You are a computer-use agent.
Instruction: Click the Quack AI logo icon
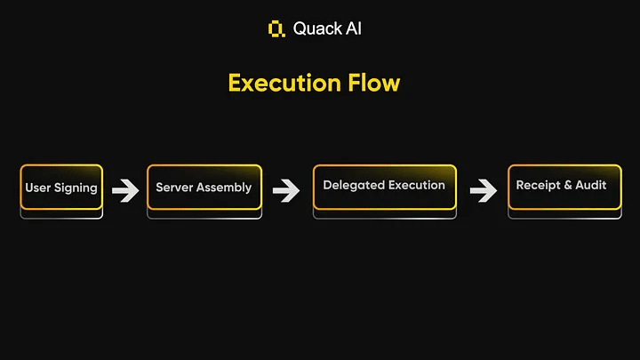276,28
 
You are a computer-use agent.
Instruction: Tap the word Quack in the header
315,28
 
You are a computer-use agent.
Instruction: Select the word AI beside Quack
351,28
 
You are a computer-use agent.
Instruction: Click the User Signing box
61,188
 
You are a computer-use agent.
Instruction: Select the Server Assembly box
204,188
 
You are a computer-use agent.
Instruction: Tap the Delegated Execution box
384,187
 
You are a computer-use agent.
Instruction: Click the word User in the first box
38,188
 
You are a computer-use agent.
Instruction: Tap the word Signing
76,188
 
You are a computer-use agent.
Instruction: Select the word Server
175,188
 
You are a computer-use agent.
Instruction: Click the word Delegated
354,185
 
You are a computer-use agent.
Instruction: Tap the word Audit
591,185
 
